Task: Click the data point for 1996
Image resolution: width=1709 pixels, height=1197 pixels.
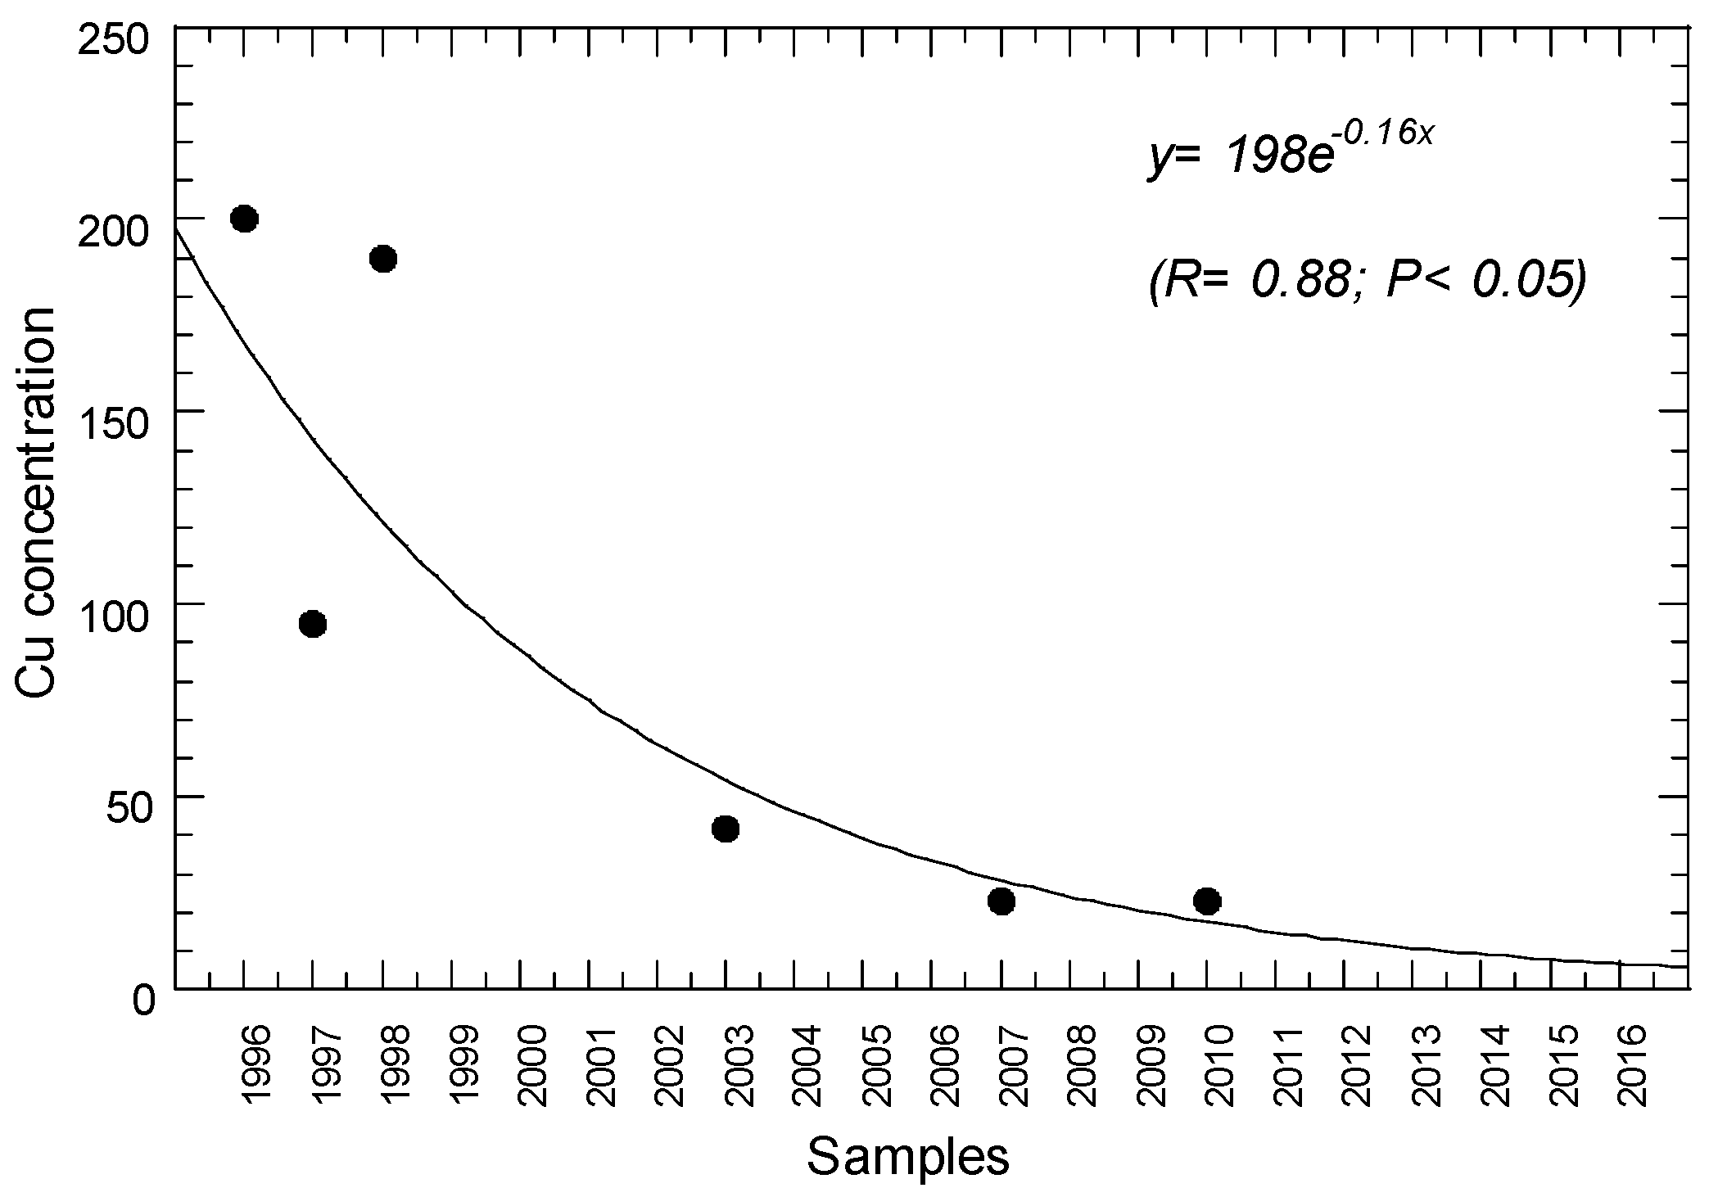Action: tap(245, 219)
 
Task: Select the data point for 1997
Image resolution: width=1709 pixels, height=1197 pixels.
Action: tap(313, 625)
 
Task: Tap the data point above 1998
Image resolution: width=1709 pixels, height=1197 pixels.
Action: tap(383, 260)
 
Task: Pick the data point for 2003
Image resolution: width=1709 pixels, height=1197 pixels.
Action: tap(726, 829)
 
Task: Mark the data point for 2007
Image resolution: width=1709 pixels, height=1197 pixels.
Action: tap(1001, 901)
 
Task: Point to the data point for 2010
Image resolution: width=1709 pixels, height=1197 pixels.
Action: tap(1207, 901)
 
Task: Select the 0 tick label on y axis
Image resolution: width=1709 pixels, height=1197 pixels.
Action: tap(142, 1001)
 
